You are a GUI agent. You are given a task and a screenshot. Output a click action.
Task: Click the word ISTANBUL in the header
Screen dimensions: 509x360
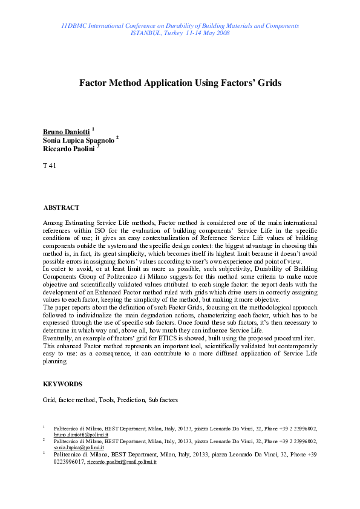(143, 33)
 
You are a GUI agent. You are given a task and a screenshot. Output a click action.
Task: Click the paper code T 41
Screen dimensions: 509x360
(50, 166)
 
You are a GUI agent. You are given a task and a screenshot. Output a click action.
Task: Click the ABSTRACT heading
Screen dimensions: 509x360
(61, 208)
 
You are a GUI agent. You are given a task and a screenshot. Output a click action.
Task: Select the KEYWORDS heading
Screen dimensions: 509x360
(63, 384)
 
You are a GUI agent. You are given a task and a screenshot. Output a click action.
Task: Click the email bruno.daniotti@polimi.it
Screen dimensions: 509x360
(81, 435)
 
